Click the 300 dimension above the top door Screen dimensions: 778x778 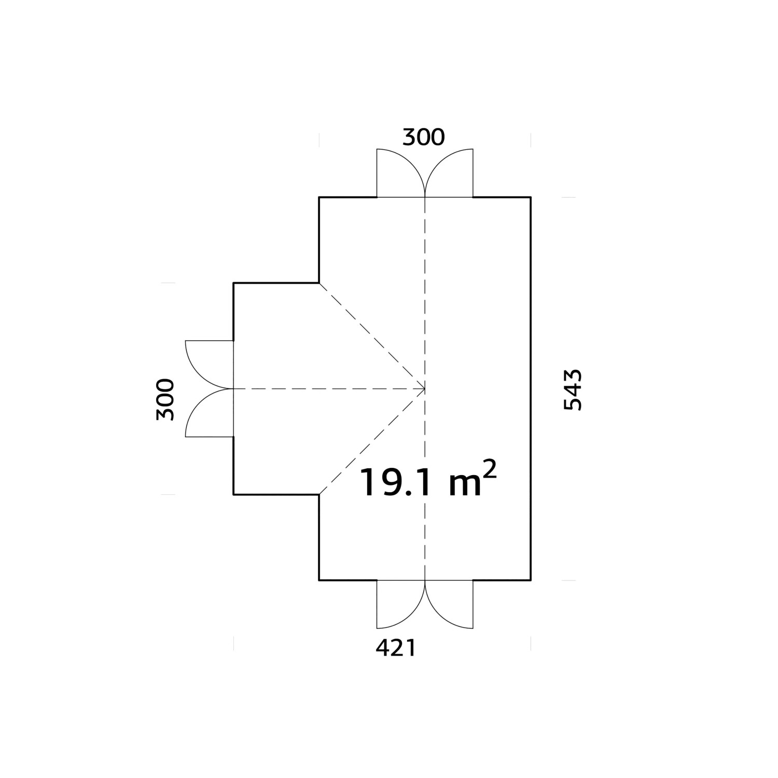(423, 137)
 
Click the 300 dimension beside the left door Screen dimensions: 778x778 (165, 399)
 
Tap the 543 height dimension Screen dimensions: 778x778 (573, 390)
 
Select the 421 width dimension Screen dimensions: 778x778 (395, 648)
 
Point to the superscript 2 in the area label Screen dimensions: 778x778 (490, 471)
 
